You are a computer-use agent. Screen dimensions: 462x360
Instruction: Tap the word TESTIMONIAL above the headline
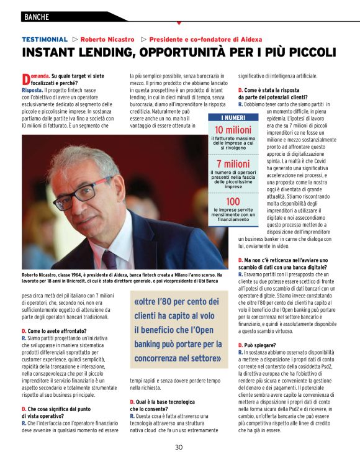(44, 39)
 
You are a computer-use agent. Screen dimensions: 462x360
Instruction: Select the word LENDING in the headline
(115, 53)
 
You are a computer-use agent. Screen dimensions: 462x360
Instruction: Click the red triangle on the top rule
(179, 24)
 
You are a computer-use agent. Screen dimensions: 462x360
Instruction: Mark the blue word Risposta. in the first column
(32, 90)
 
